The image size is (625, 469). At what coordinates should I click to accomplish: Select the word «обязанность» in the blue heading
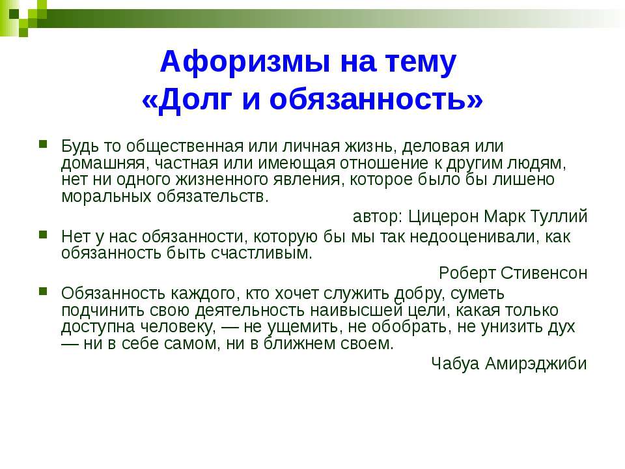(x=366, y=99)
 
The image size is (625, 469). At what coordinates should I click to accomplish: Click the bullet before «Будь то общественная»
(x=43, y=143)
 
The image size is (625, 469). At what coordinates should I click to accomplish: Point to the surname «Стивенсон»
(x=544, y=273)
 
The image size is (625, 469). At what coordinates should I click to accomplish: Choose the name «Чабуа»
(x=455, y=363)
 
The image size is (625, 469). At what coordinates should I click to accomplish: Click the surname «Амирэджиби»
(x=536, y=363)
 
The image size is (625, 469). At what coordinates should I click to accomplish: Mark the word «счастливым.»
(x=262, y=253)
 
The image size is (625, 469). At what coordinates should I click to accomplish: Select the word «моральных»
(x=106, y=196)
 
